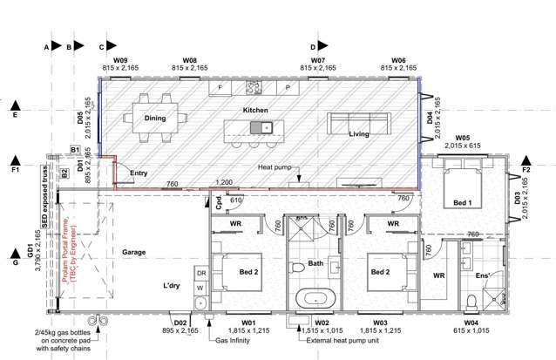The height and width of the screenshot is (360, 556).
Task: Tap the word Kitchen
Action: point(255,111)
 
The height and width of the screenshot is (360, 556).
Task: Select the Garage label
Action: point(134,252)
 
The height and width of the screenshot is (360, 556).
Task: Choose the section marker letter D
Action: point(313,46)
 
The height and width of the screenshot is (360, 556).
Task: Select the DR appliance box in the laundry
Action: point(200,273)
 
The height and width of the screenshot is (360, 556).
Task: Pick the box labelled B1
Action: point(76,151)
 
